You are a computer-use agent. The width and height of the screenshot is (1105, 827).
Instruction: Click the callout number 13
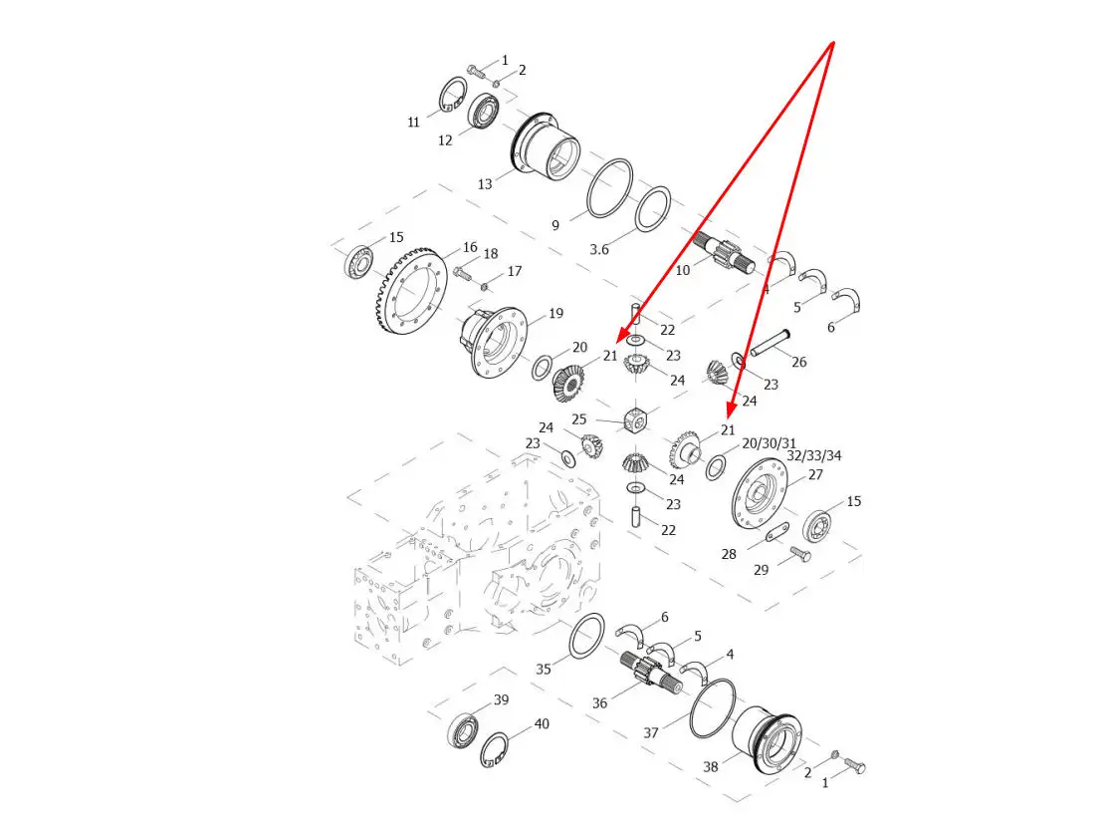tap(485, 184)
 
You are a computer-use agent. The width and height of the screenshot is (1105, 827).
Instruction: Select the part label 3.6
tap(599, 249)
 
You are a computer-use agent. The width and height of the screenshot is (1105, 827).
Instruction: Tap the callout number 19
tap(556, 313)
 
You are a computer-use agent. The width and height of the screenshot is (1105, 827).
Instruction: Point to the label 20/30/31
tap(769, 443)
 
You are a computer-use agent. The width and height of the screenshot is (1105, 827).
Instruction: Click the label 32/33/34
tap(814, 455)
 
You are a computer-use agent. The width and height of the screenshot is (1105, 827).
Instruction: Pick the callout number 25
tap(579, 419)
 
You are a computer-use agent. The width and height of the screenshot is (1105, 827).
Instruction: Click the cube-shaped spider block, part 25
tap(636, 419)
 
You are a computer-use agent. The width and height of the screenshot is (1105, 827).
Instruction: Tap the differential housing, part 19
tap(494, 342)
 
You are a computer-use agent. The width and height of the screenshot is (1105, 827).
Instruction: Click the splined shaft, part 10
tap(724, 255)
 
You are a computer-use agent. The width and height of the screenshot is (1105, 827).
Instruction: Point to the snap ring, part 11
tap(452, 95)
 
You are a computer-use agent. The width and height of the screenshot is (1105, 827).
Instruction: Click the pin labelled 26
tap(770, 343)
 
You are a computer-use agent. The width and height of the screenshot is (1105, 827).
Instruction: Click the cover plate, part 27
tap(759, 493)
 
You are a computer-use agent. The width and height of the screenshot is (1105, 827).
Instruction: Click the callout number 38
tap(711, 766)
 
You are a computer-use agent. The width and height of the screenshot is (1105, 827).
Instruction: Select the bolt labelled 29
tap(800, 555)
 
